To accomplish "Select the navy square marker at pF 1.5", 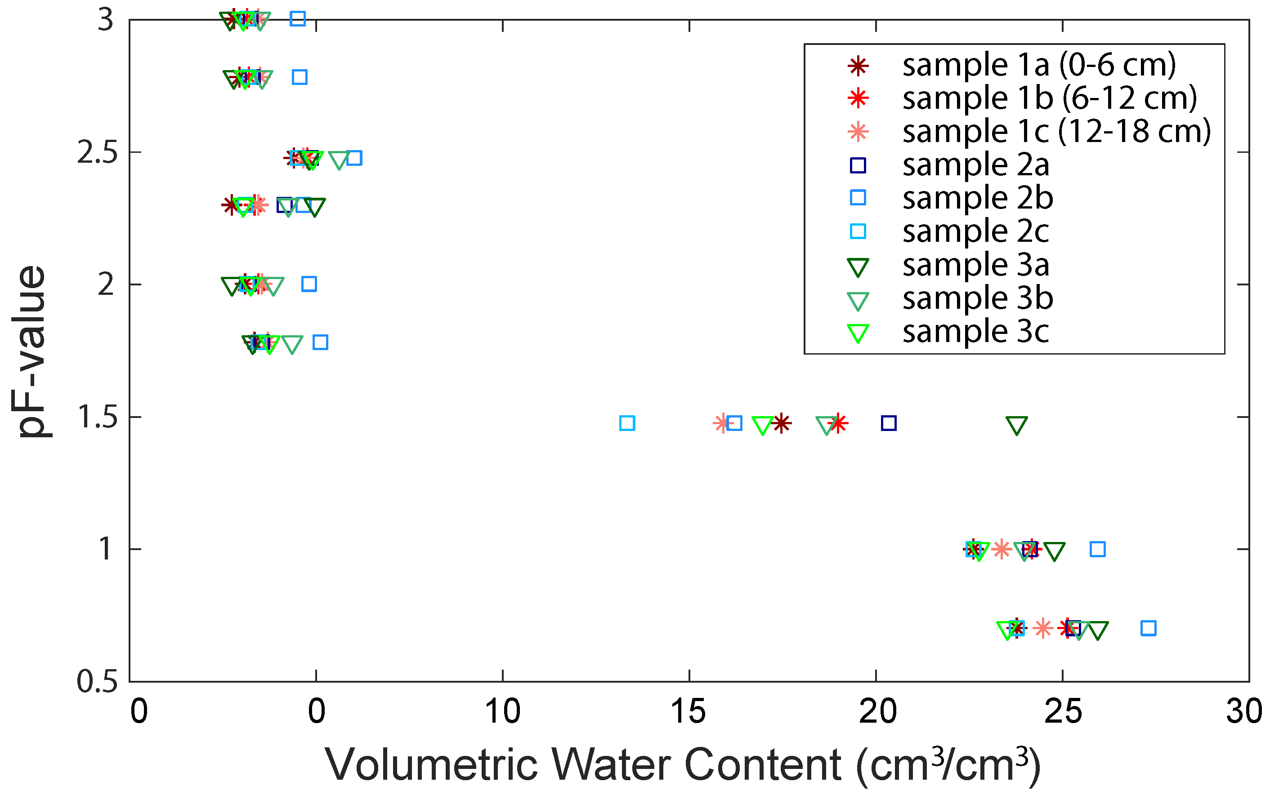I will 888,423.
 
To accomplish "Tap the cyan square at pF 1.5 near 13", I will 626,423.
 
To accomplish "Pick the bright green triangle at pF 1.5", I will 762,425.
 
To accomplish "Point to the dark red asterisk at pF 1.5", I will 781,423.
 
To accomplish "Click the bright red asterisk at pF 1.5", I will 837,423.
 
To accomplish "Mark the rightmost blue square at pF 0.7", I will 1148,628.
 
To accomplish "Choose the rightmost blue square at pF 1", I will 1097,549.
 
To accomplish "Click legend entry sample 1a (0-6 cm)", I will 1038,65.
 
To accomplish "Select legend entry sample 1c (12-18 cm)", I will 1056,131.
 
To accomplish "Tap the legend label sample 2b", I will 978,198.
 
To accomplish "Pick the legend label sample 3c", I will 975,331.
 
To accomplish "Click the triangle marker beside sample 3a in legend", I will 858,267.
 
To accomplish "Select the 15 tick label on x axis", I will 689,712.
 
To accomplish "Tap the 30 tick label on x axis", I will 1244,712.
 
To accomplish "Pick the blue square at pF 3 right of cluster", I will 298,19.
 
